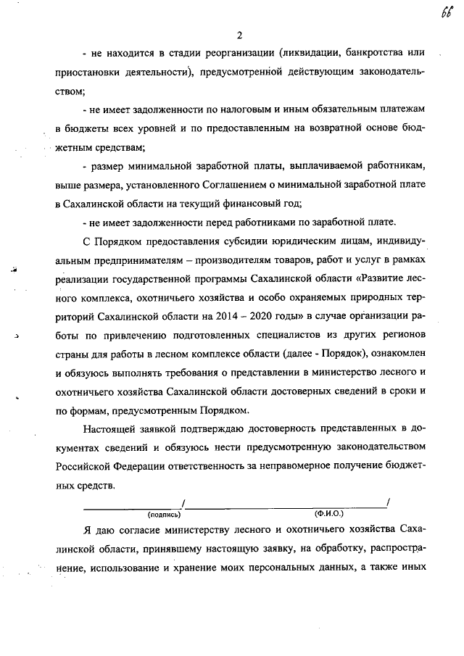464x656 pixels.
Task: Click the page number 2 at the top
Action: click(x=239, y=33)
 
